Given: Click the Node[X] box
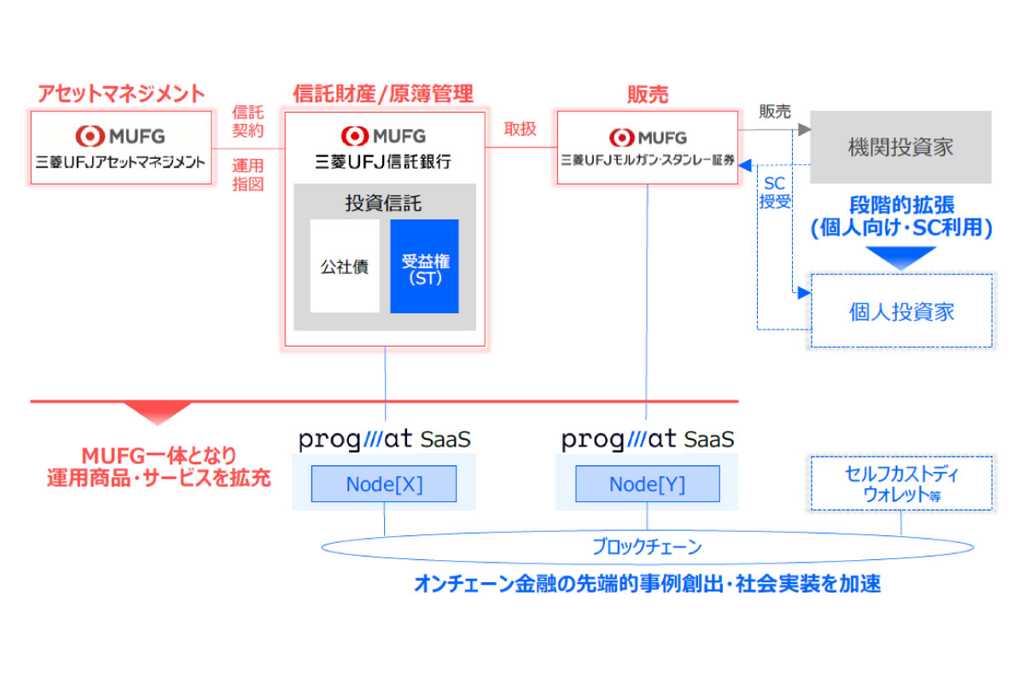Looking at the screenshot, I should click(384, 484).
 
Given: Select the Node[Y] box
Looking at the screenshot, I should click(647, 484).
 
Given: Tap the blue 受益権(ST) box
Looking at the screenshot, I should click(424, 266).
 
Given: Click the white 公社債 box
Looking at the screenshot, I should click(345, 266).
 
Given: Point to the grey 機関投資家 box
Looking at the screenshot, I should click(900, 147).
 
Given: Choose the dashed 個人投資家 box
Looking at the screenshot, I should click(901, 311).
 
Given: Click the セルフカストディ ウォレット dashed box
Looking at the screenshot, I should click(902, 483).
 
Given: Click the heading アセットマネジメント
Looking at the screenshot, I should click(121, 93).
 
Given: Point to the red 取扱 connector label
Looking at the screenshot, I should click(521, 129).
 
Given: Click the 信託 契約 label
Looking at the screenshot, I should click(248, 122).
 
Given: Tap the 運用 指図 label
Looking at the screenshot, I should click(248, 173).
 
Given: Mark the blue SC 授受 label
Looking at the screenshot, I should click(774, 193).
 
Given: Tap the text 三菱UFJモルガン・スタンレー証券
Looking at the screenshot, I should click(648, 159).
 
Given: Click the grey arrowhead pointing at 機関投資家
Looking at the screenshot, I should click(803, 130).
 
